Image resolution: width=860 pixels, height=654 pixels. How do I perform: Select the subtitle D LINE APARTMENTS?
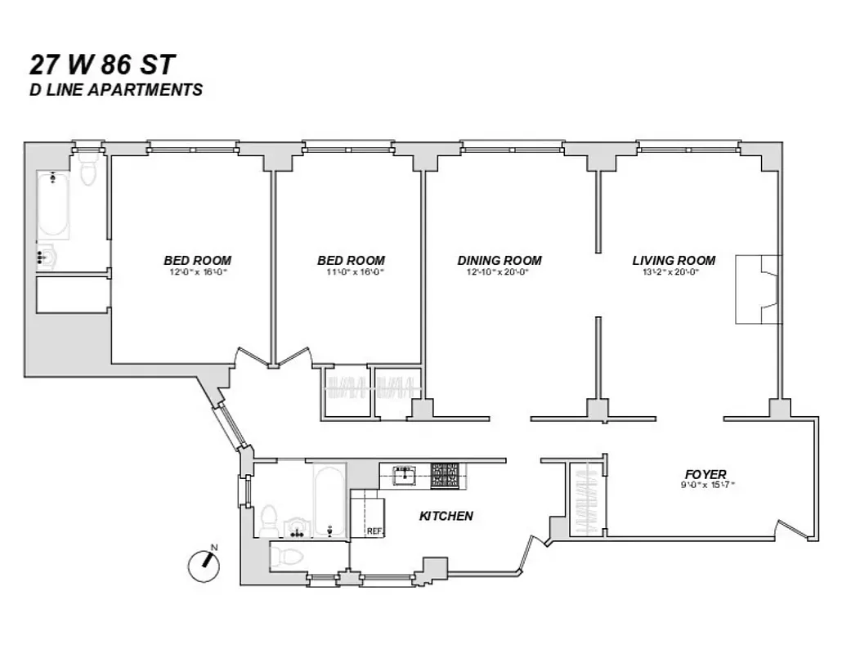[x=115, y=90]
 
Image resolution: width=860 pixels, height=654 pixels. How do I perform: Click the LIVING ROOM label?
[x=674, y=261]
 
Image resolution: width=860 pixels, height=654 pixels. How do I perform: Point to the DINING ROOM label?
[x=499, y=261]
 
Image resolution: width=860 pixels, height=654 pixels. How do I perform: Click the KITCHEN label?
[x=446, y=516]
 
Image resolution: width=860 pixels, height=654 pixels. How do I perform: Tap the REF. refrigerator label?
[x=374, y=531]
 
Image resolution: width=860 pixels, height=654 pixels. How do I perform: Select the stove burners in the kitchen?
[x=445, y=474]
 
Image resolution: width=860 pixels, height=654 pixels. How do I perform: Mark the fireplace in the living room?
[x=758, y=289]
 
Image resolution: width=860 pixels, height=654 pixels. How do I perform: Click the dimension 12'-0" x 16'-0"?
[x=196, y=272]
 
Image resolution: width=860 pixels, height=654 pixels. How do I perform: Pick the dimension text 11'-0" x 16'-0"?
[x=351, y=272]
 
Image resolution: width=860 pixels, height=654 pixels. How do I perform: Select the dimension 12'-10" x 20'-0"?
[x=499, y=272]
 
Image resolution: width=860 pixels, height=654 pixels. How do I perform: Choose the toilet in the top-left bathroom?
[x=87, y=169]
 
